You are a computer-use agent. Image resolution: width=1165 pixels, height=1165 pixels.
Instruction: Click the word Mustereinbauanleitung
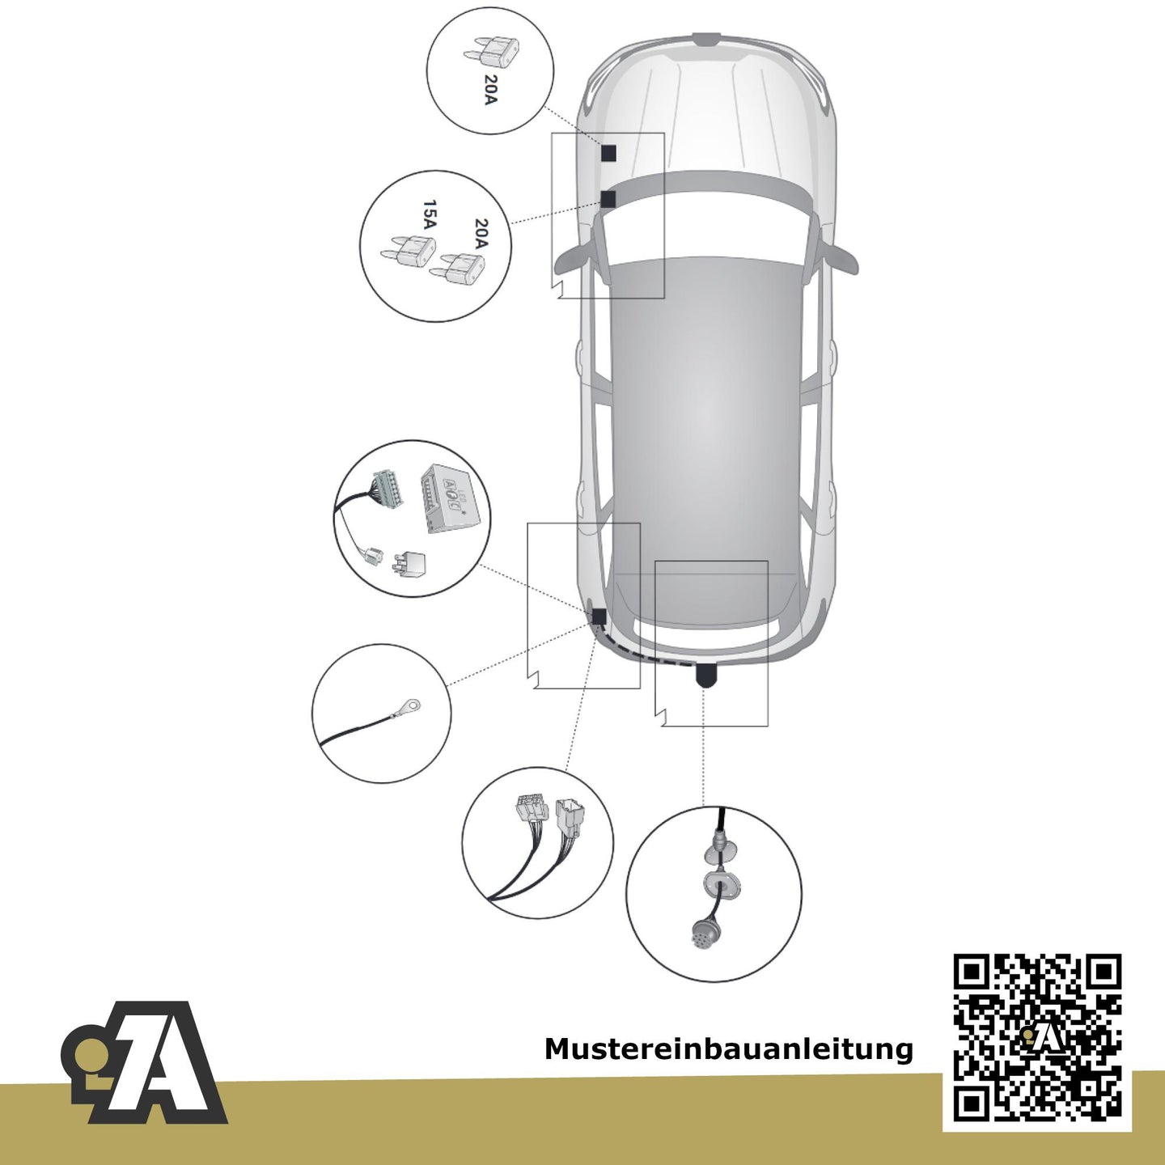(728, 1049)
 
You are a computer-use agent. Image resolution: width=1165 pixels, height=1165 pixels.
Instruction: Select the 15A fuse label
(430, 216)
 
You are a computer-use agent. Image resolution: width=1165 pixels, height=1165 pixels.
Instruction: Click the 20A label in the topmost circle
(489, 90)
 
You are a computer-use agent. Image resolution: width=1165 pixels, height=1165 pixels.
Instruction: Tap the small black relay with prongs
(409, 563)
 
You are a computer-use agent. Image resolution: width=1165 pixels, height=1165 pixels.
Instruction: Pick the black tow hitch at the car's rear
(706, 674)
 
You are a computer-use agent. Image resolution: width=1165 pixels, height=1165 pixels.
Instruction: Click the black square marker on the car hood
(609, 153)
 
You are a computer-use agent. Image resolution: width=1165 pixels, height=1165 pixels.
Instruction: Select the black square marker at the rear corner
(599, 617)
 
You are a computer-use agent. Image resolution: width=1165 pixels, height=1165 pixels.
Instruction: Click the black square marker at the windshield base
(608, 199)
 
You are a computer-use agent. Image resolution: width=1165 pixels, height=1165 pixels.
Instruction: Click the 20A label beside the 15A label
(481, 234)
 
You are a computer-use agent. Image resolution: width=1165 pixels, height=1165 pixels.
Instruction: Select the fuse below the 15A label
(408, 252)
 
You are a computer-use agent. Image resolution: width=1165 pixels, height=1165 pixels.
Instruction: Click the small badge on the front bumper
(707, 41)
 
